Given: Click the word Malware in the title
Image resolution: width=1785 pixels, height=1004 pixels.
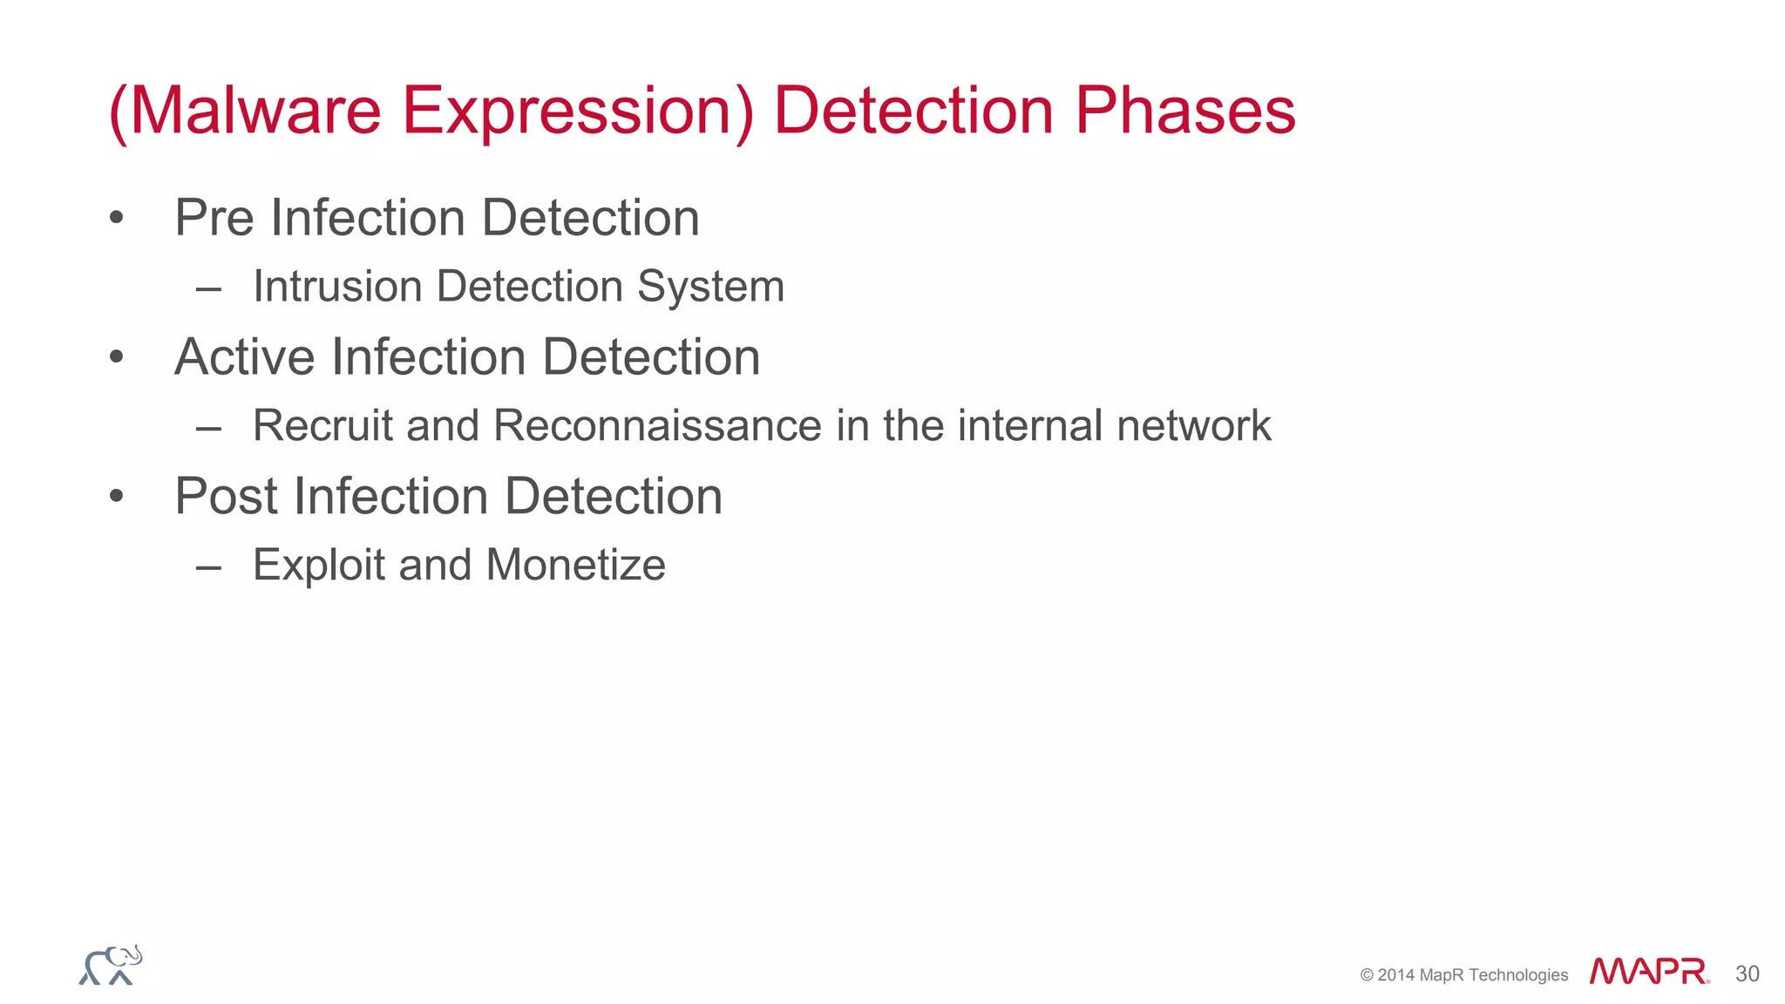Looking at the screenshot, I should (255, 111).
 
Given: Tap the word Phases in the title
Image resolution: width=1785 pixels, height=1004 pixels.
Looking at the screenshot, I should (1185, 111).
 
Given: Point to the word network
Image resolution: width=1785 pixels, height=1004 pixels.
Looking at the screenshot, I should (1193, 425).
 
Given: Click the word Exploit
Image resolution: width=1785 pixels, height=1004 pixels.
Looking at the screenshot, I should (319, 565).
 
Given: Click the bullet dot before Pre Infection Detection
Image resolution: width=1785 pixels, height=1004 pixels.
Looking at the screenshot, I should (117, 218).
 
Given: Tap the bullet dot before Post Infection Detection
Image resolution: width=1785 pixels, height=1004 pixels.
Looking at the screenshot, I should (117, 497).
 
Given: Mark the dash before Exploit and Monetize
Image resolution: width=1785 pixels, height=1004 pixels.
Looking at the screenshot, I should (209, 567).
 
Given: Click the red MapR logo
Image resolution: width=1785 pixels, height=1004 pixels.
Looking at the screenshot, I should (1648, 971).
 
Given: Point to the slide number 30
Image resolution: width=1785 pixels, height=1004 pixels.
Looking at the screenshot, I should (1747, 973).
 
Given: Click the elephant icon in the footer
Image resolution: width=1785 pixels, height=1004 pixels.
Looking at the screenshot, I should (111, 966).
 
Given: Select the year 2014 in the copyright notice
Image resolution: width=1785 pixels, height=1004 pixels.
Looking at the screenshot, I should (1396, 975).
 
